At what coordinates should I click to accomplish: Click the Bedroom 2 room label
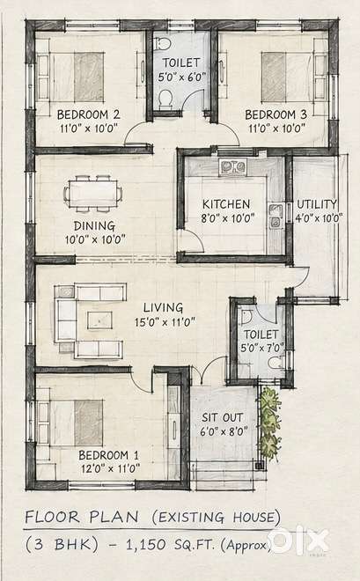click(x=88, y=114)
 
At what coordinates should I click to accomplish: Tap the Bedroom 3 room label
click(x=276, y=114)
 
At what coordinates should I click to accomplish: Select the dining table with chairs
click(x=92, y=194)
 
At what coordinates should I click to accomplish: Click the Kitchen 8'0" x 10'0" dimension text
click(x=228, y=218)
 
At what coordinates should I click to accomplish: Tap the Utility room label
click(x=317, y=204)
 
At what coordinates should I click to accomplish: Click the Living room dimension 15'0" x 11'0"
click(x=165, y=322)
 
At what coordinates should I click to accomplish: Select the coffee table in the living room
click(x=99, y=320)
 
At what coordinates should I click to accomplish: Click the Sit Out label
click(x=222, y=417)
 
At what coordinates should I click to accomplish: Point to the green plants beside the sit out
click(x=269, y=424)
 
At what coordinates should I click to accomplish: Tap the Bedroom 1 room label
click(x=108, y=455)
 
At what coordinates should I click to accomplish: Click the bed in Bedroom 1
click(x=75, y=423)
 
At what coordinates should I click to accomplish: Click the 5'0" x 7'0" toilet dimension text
click(x=262, y=349)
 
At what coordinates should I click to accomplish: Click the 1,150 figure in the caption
click(x=145, y=545)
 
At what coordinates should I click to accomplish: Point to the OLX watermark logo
click(x=298, y=541)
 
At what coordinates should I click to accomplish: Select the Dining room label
click(x=94, y=226)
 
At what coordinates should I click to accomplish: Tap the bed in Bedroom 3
click(x=288, y=77)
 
